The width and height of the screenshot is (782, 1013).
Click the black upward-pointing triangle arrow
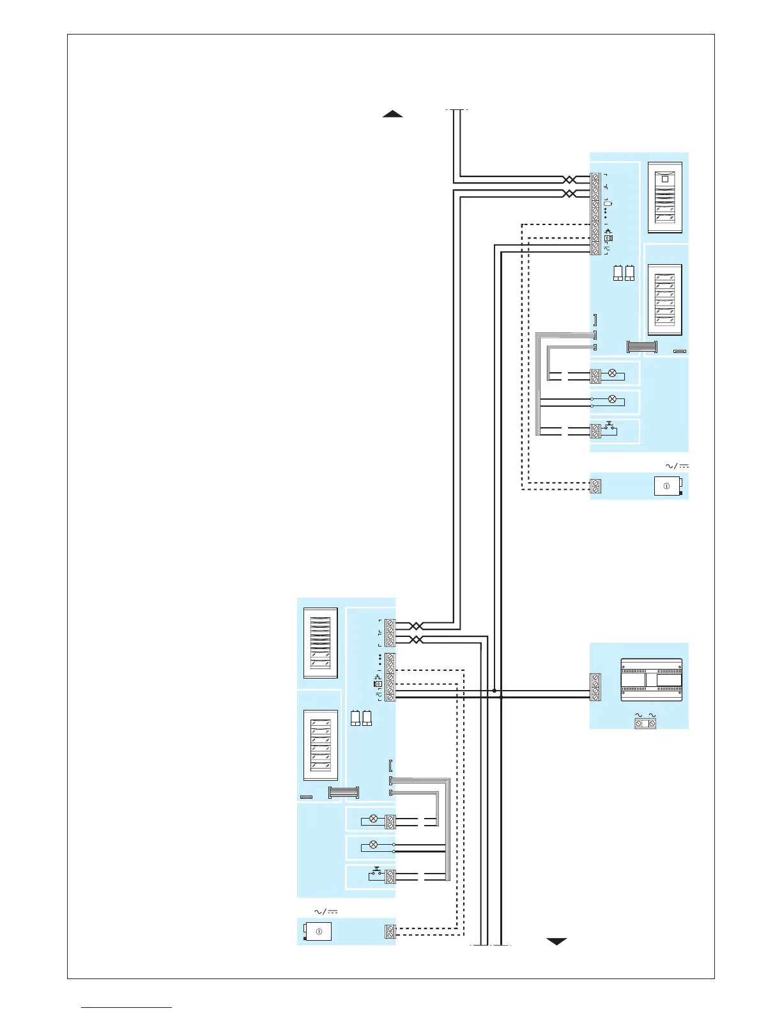click(392, 114)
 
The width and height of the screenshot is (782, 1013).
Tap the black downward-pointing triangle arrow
click(557, 941)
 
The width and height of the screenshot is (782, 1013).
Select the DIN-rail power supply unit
click(651, 680)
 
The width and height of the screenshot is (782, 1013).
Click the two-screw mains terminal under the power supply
click(645, 723)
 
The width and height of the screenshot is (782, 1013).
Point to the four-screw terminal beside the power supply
click(595, 687)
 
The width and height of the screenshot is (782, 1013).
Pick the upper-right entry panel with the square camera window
click(664, 198)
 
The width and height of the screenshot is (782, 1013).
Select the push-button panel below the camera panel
click(664, 300)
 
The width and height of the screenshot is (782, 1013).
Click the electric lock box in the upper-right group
click(667, 487)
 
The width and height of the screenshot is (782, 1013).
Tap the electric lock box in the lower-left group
click(318, 932)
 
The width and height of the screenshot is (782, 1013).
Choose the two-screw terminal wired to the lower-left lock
click(390, 932)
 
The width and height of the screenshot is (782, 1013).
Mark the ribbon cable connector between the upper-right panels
click(642, 347)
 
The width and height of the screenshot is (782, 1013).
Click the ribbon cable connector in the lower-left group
click(343, 793)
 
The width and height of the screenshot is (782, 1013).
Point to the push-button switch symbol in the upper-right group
click(609, 426)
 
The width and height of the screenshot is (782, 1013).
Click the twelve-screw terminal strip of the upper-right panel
click(595, 214)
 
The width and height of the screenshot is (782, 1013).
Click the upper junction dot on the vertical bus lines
click(494, 691)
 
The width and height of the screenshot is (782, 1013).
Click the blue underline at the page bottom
click(126, 1007)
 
